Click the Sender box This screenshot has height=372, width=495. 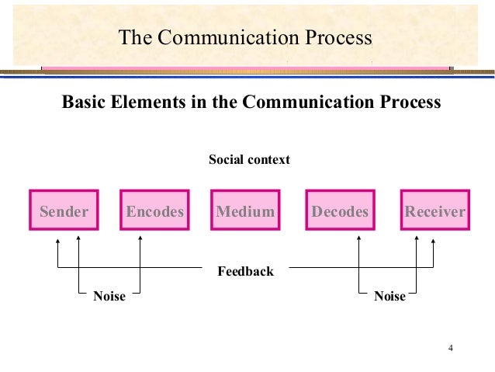tap(64, 210)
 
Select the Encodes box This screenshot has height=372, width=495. tap(154, 210)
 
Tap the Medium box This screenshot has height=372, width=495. tap(245, 210)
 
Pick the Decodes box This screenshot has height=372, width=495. tap(340, 210)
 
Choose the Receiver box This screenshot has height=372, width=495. tap(434, 210)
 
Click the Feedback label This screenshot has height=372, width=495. tap(245, 271)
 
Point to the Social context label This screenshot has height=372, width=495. tap(249, 160)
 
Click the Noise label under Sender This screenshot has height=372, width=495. tap(109, 296)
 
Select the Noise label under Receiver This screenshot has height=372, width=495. tap(389, 296)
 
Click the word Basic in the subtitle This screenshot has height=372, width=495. tap(82, 102)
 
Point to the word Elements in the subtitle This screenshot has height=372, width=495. tap(146, 102)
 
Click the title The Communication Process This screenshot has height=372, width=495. tap(245, 38)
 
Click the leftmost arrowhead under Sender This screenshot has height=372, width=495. tap(57, 241)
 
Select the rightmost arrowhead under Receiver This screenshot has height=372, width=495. tap(433, 241)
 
